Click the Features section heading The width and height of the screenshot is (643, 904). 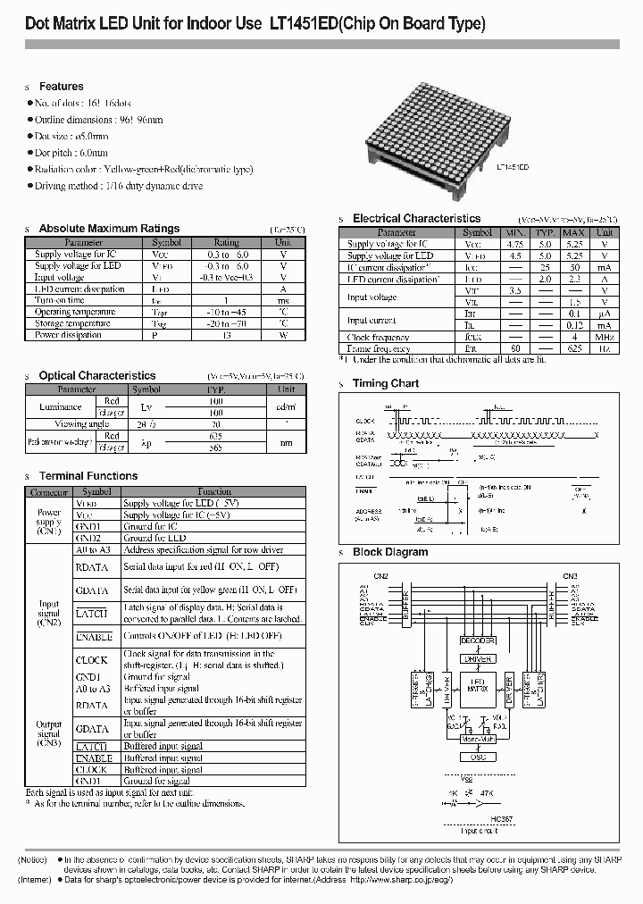click(61, 87)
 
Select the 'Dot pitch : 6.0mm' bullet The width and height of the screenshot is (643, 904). click(71, 153)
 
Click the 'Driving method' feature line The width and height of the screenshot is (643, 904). click(118, 186)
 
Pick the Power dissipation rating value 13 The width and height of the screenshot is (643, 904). click(226, 335)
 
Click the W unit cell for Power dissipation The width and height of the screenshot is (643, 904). click(283, 335)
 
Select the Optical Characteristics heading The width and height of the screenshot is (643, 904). click(96, 376)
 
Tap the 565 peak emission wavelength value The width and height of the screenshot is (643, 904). click(214, 448)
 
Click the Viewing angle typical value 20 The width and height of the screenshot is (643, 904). click(214, 424)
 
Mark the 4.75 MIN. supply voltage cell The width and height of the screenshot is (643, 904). click(514, 244)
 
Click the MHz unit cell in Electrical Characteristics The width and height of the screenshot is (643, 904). click(605, 338)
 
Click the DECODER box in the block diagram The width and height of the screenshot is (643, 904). click(477, 640)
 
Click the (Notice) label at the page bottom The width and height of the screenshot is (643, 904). click(34, 859)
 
